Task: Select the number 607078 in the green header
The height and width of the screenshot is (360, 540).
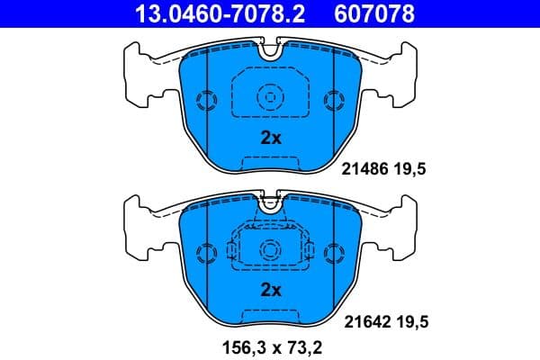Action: click(376, 13)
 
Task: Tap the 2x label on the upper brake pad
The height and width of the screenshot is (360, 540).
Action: click(271, 138)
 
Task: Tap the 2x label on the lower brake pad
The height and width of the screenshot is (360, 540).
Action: click(271, 289)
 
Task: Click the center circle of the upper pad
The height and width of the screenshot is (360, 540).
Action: click(270, 96)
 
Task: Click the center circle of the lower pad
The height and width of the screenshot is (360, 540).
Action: click(270, 248)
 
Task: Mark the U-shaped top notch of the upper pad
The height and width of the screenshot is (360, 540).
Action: click(270, 50)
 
